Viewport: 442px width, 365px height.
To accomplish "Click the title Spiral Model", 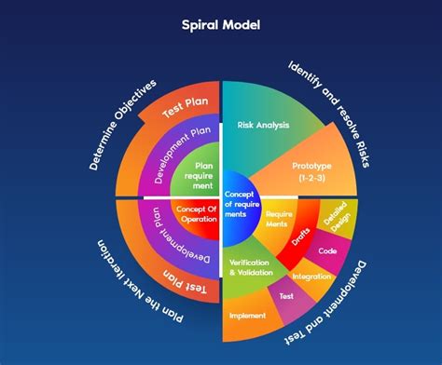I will (x=221, y=24).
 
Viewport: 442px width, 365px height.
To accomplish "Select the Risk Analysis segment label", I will (x=263, y=124).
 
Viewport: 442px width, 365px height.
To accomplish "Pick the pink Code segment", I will (x=326, y=250).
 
